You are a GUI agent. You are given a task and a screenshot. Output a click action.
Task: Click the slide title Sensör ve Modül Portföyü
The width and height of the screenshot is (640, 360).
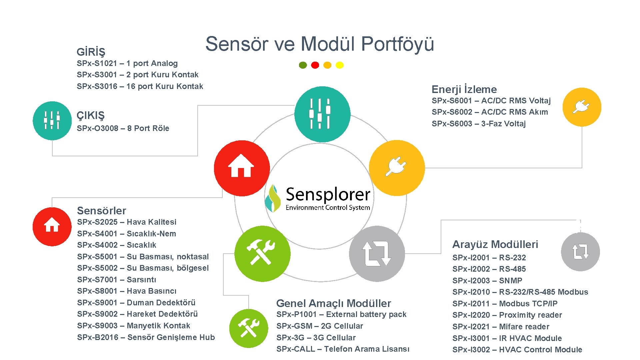(319, 44)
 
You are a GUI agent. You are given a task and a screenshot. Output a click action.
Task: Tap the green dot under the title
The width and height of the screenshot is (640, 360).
(303, 65)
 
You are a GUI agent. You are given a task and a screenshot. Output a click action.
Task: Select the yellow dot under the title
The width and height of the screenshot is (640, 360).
(340, 65)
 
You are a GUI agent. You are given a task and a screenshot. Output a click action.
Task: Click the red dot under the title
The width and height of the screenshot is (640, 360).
(315, 65)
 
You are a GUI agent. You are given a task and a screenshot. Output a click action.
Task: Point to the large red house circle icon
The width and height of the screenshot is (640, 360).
(242, 168)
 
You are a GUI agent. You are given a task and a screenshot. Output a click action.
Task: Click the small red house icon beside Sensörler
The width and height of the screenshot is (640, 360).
(52, 226)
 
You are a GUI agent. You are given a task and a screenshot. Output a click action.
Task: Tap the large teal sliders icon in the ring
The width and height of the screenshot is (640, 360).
(322, 114)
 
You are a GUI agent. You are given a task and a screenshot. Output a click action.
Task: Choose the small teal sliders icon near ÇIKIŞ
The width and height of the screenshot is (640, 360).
(52, 120)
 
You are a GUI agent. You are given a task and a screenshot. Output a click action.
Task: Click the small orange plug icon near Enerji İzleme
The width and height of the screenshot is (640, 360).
(582, 107)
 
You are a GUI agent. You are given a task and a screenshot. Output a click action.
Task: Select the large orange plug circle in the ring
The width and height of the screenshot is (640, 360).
(397, 168)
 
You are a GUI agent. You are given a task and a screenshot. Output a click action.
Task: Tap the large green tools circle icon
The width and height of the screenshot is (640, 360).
(262, 253)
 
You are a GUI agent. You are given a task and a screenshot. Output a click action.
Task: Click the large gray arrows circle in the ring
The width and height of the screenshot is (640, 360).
(377, 253)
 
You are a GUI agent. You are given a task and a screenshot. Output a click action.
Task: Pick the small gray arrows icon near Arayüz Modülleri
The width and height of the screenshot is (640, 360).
(580, 252)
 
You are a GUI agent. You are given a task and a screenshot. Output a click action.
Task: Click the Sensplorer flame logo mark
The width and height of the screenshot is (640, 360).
(273, 199)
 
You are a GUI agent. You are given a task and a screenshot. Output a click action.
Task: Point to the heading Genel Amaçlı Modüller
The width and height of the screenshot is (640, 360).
(333, 303)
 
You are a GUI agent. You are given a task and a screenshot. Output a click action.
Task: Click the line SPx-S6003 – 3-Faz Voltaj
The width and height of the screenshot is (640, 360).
(478, 124)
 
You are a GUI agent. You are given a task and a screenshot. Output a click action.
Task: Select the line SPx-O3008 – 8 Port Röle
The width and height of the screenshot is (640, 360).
(123, 128)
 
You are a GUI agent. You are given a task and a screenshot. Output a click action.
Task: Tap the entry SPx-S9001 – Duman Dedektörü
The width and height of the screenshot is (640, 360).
(136, 303)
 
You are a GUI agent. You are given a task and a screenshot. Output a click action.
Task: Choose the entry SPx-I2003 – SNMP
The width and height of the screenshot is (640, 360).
(487, 281)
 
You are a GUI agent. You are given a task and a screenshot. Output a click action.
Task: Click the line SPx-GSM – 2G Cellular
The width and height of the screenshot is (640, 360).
(319, 326)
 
